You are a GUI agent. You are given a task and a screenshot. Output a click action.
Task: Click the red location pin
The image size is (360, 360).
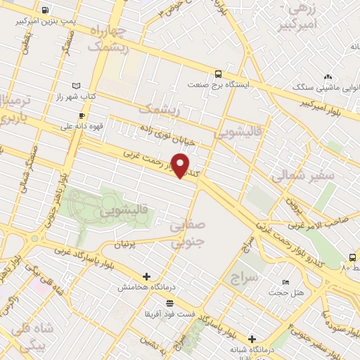(181, 165)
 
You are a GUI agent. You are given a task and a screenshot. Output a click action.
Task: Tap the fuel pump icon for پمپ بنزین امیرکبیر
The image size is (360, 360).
(46, 11)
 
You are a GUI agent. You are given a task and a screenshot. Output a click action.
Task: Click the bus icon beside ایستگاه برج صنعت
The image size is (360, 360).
(218, 73)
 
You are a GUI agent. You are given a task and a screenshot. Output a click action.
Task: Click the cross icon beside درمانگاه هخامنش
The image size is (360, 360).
(146, 276)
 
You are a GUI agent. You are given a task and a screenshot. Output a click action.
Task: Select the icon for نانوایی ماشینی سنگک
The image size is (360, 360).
(326, 78)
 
